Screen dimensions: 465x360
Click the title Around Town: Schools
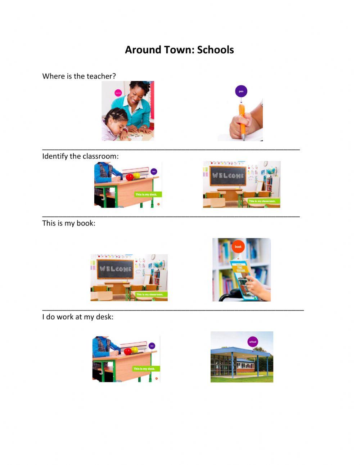point(179,50)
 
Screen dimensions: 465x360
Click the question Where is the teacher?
point(79,76)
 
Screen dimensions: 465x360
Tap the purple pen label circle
point(241,91)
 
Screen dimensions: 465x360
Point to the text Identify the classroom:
point(80,156)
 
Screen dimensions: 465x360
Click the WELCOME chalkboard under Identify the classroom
point(228,176)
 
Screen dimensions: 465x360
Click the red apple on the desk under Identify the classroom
point(130,177)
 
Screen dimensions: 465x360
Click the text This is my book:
point(69,223)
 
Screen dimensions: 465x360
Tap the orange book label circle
point(238,246)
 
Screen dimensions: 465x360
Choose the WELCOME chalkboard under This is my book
point(115,269)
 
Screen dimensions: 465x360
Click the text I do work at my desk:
point(78,317)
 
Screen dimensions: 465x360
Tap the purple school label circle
point(253,341)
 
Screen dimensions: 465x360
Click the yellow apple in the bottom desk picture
point(135,349)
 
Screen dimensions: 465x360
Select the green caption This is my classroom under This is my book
point(149,294)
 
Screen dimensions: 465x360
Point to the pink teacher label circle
point(118,93)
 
